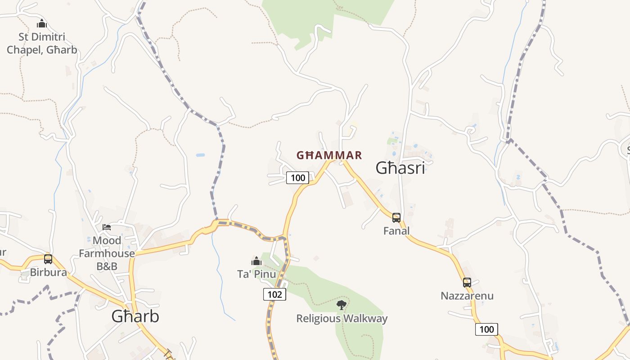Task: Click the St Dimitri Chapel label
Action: (x=42, y=43)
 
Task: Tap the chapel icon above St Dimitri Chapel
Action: (x=42, y=23)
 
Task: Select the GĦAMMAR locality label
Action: (x=329, y=156)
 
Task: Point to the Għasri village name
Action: (x=400, y=168)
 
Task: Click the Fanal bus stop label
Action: (x=396, y=231)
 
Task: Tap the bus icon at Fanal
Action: (x=396, y=218)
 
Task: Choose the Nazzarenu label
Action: (x=467, y=296)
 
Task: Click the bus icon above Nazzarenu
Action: (x=467, y=283)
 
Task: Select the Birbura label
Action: (x=48, y=272)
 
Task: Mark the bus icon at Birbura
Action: (x=48, y=259)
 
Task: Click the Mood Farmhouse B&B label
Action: (x=107, y=253)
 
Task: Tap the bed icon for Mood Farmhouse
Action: (x=107, y=227)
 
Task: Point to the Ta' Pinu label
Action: (x=256, y=274)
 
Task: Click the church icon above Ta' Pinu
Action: (x=256, y=261)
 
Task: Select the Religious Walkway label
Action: (x=342, y=319)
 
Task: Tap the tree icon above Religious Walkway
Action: (x=342, y=305)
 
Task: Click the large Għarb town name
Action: (x=135, y=316)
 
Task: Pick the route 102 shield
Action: (x=274, y=294)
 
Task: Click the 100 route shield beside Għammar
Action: (x=298, y=178)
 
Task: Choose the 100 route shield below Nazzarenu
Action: (x=486, y=329)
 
